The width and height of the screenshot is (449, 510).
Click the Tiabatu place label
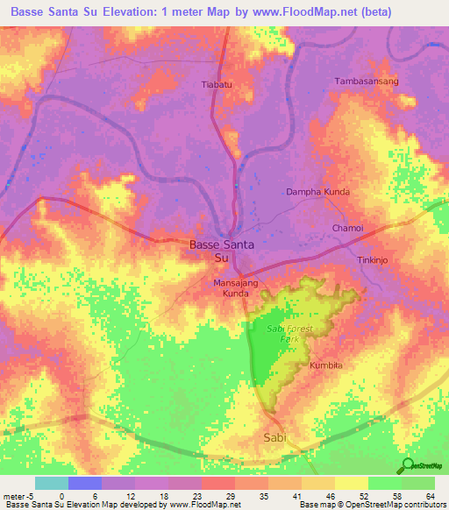coord(217,84)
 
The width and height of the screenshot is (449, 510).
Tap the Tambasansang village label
coord(367,81)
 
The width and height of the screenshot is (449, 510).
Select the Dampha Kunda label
coord(318,191)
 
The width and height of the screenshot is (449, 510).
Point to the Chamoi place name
coord(347,228)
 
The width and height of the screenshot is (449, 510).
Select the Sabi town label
coord(274,436)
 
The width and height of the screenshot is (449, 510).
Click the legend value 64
coord(430,495)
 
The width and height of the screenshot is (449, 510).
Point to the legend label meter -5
coord(18,495)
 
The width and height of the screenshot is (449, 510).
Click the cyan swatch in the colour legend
coord(51,483)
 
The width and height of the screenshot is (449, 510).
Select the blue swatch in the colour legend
coord(84,483)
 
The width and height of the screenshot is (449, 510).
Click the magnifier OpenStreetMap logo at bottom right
coord(406,465)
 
